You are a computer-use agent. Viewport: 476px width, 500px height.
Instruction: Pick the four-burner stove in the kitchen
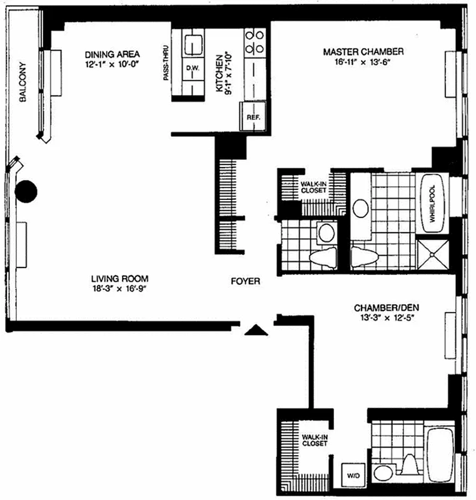[255, 41]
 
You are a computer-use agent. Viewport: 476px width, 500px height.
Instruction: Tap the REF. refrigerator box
[253, 116]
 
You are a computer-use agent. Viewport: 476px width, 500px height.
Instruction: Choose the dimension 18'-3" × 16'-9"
[119, 288]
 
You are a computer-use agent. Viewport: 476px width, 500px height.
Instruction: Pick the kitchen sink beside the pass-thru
[192, 44]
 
